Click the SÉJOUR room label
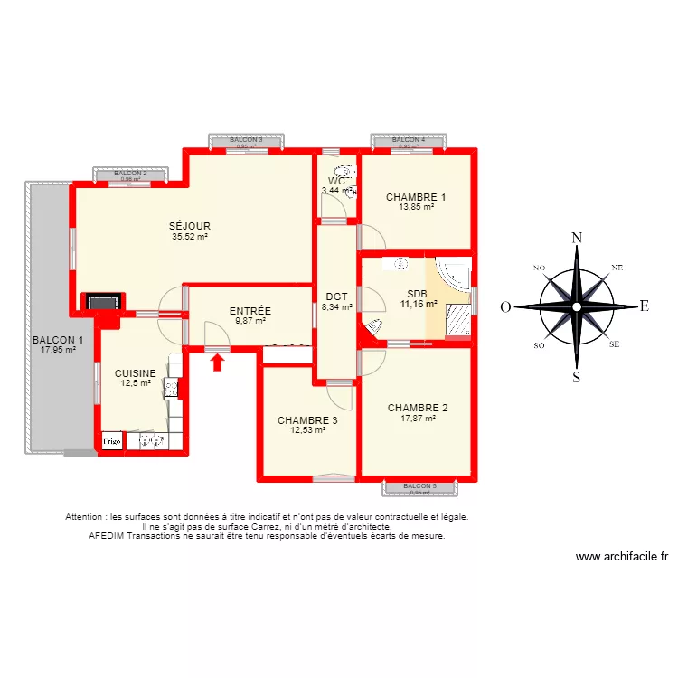point(190,226)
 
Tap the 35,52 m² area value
point(190,237)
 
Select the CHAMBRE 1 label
point(416,197)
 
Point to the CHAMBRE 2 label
point(418,407)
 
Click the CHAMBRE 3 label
point(307,420)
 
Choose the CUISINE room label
point(135,372)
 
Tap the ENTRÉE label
point(250,311)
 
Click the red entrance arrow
point(217,363)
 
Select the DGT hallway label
point(336,297)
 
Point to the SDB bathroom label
point(417,294)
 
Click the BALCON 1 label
point(58,340)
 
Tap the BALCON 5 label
point(420,486)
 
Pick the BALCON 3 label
point(246,140)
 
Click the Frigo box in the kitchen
point(111,441)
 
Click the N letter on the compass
point(576,238)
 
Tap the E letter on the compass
point(644,306)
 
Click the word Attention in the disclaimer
point(85,517)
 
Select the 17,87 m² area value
point(418,418)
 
